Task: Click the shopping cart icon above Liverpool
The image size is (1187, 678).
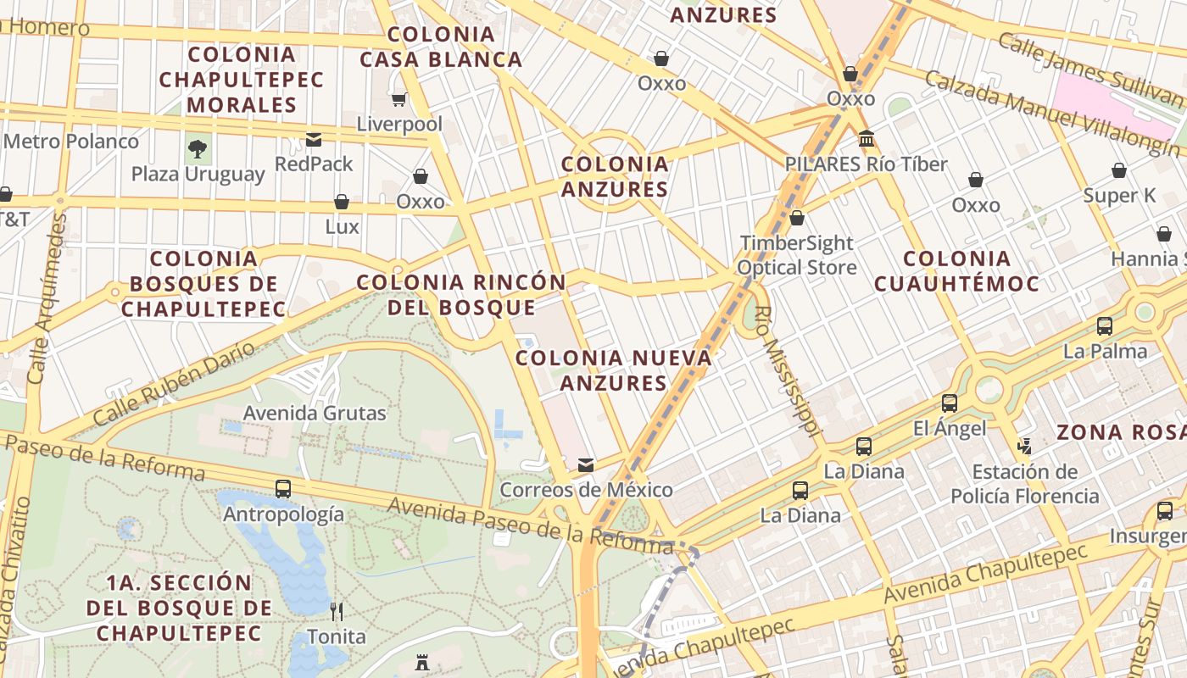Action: click(399, 99)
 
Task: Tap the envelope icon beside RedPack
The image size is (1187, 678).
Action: click(314, 140)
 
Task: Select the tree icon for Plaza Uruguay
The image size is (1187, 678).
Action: click(198, 150)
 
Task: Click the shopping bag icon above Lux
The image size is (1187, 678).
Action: click(342, 202)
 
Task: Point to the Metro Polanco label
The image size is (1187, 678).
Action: click(71, 141)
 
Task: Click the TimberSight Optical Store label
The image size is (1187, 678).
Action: click(795, 255)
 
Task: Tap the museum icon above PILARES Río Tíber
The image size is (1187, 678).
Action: click(867, 138)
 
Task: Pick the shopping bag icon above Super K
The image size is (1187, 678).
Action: click(1119, 170)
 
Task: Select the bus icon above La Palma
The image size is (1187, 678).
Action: click(1105, 326)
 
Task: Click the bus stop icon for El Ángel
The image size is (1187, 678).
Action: click(950, 403)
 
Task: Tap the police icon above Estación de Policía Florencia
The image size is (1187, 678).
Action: click(1025, 445)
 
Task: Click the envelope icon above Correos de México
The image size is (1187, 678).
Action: click(586, 464)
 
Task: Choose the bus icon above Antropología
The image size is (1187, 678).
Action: click(283, 489)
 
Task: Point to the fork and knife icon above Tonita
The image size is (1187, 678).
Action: click(337, 611)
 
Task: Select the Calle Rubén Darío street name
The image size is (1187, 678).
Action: click(173, 384)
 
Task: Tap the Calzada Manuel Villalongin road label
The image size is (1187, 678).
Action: click(1050, 114)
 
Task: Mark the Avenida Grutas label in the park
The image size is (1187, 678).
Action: click(315, 414)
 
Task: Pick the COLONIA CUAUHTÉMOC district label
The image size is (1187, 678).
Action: click(956, 271)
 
